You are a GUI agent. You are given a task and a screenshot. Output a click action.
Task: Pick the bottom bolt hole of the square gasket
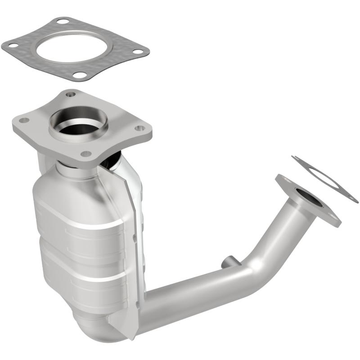coord(80,75)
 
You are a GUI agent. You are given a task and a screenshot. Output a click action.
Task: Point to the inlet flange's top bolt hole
coord(70,94)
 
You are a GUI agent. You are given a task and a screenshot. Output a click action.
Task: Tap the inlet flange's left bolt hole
coord(23,120)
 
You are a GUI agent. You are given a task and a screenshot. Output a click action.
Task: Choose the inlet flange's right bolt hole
coord(140,128)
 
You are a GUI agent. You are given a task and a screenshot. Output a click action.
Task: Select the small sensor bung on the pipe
coord(228,261)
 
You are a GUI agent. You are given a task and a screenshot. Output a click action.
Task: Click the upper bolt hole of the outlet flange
coord(285,180)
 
